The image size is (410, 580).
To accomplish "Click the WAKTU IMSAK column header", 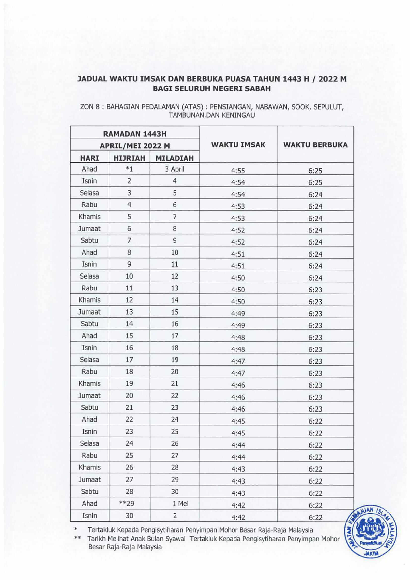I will tap(238, 145).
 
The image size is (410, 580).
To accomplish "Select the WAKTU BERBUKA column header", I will tap(315, 145).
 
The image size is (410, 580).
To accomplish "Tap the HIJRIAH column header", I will tap(129, 158).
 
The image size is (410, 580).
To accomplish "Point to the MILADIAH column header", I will tap(175, 158).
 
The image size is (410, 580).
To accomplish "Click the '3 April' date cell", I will tap(175, 169).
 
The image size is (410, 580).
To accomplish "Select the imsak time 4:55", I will tap(238, 171).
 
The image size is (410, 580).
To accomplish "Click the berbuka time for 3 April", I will tap(315, 171).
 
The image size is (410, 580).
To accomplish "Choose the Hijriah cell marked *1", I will tap(129, 169).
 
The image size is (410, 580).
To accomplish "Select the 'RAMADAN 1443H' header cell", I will tap(135, 134).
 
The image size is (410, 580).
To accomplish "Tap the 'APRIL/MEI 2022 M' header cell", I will tap(135, 146).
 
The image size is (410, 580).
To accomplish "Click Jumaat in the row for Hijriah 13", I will tap(89, 312).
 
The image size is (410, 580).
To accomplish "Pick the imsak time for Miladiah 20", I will tap(238, 373).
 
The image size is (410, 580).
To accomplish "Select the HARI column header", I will tap(89, 158).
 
